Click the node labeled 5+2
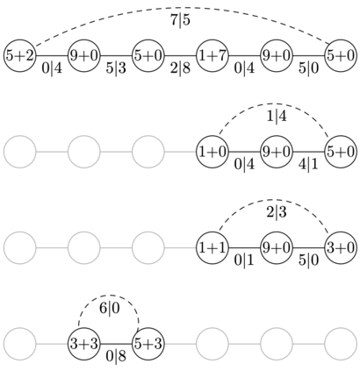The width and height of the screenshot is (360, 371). coord(20,55)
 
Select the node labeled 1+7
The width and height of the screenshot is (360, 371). coord(212,55)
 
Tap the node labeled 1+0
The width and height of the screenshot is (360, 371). coord(212,152)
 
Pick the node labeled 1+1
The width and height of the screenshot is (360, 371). coord(212,248)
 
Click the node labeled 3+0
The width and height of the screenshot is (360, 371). coord(341,248)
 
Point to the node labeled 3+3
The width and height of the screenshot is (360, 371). coord(84,344)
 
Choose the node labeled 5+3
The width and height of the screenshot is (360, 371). coord(148,344)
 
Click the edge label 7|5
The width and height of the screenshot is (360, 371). coord(180,20)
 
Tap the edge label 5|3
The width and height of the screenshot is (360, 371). coord(116,68)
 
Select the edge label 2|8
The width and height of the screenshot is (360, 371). coord(180,68)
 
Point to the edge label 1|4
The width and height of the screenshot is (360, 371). coord(277,117)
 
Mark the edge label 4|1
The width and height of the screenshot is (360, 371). coord(308,164)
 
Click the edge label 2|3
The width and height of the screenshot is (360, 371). coord(277,212)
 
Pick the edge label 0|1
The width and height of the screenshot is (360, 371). coord(244,260)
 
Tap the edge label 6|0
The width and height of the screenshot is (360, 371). coord(110,309)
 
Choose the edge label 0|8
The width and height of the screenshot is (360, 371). coord(116,357)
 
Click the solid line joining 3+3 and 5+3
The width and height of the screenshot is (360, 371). coord(116,344)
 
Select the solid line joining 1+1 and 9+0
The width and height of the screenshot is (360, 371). coord(244,248)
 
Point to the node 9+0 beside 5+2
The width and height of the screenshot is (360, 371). coord(84,55)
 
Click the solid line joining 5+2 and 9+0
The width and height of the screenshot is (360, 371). coord(52,55)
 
